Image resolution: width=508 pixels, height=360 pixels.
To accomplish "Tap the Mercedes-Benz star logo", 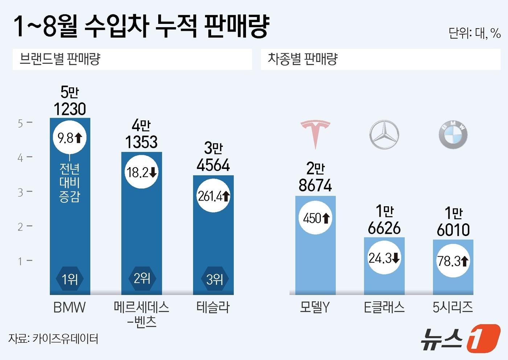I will click(x=384, y=135).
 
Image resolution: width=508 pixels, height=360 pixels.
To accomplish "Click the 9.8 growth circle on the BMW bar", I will click(x=70, y=138).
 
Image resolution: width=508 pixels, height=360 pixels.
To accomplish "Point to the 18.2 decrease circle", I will click(x=142, y=172).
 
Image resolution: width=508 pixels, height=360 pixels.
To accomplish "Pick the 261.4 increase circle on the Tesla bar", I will click(x=213, y=196).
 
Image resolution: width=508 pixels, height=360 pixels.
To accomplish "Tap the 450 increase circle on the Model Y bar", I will click(x=315, y=218).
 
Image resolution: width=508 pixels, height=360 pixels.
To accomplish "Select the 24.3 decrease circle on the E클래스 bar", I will click(x=384, y=258).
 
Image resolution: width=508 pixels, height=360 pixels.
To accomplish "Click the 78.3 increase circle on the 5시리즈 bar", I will click(x=453, y=261).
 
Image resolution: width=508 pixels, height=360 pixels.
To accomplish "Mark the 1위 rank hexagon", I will click(x=70, y=279).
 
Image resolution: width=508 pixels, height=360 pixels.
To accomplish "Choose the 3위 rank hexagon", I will click(x=214, y=279).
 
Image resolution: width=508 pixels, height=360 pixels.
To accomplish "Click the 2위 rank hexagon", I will click(x=142, y=278).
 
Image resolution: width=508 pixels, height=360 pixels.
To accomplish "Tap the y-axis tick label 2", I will click(x=21, y=227).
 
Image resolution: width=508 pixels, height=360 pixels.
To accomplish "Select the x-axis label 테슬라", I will click(x=213, y=307).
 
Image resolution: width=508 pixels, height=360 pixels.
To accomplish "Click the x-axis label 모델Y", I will click(x=315, y=307).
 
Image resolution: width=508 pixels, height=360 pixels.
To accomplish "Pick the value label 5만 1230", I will click(x=70, y=101).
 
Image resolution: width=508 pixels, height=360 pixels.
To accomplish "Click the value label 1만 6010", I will click(x=453, y=222).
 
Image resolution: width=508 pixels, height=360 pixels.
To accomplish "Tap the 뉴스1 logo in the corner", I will click(x=460, y=339).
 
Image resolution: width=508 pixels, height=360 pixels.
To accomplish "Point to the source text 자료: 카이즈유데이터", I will click(x=53, y=339).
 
